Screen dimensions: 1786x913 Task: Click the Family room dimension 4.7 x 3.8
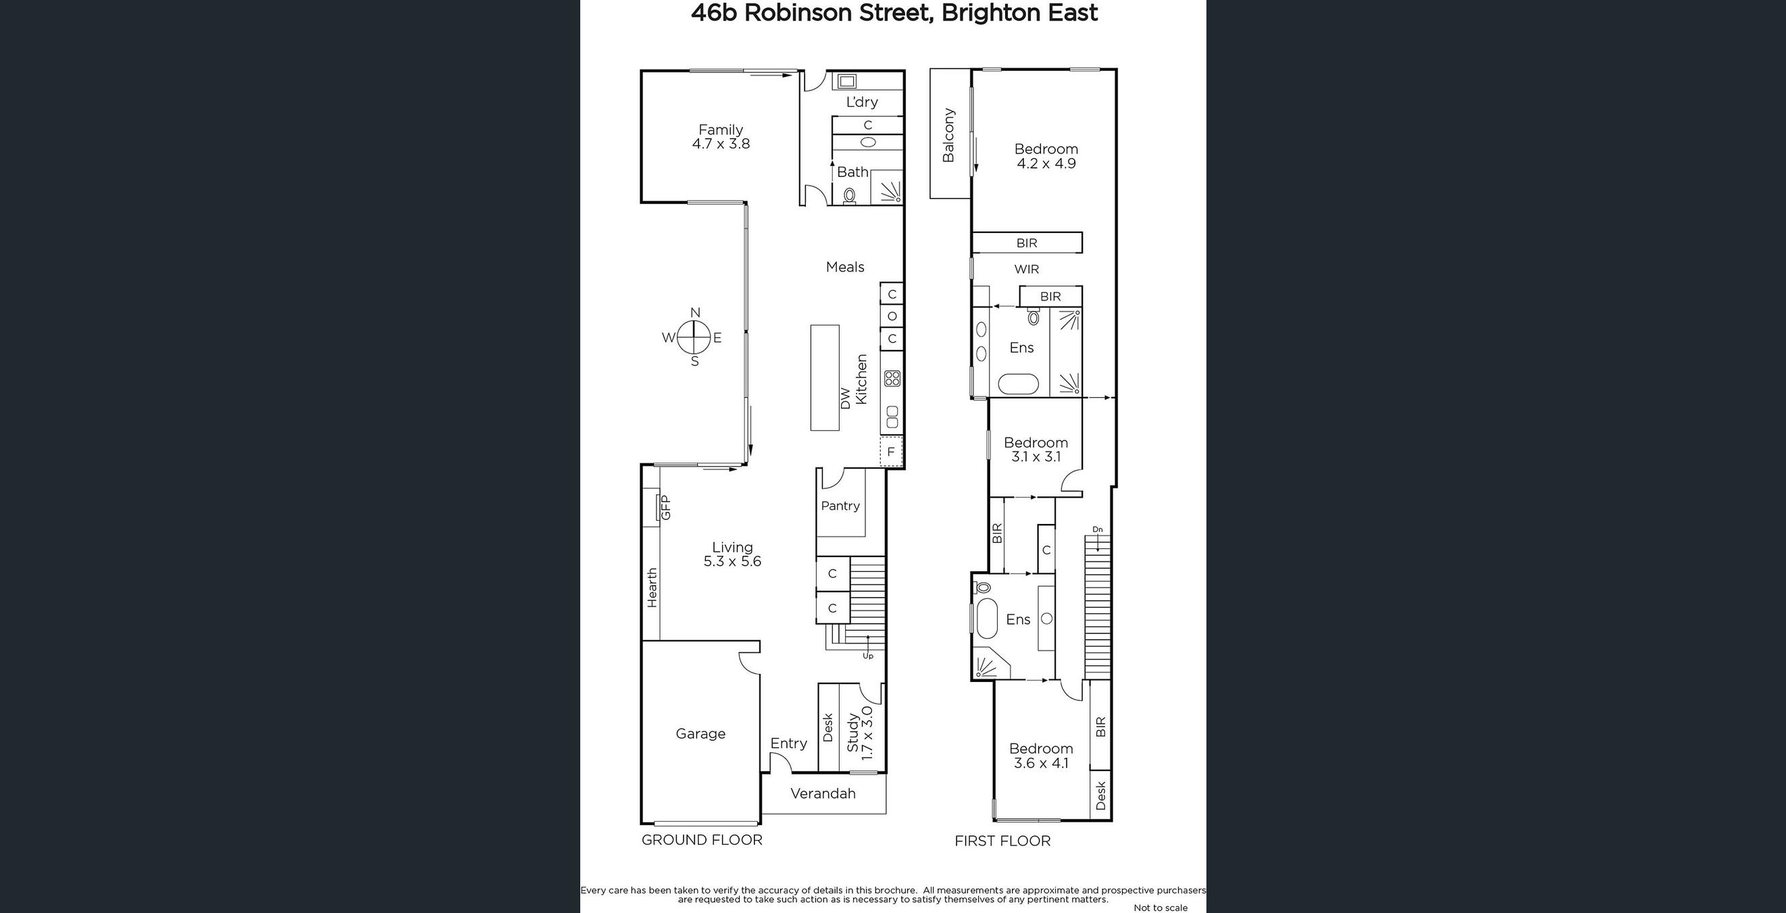(x=720, y=145)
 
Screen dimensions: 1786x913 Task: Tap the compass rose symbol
(x=693, y=338)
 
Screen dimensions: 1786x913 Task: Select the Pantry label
(x=840, y=506)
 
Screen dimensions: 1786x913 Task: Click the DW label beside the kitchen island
(x=845, y=398)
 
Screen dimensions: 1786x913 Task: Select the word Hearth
(x=652, y=588)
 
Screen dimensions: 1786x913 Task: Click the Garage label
(x=700, y=733)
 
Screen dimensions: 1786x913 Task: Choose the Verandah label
(x=823, y=793)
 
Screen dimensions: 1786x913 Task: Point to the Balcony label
(x=948, y=135)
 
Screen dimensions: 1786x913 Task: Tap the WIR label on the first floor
(x=1026, y=269)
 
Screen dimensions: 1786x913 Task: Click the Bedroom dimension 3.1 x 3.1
(x=1036, y=457)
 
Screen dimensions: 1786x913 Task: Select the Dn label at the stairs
(x=1098, y=529)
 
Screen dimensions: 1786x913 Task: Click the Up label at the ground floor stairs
(x=868, y=655)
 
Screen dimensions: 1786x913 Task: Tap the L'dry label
(x=862, y=102)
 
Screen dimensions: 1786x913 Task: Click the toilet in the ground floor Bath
(x=849, y=197)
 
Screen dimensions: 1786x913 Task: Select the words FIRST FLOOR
(x=1002, y=841)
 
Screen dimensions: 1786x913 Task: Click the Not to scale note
(x=1160, y=908)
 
